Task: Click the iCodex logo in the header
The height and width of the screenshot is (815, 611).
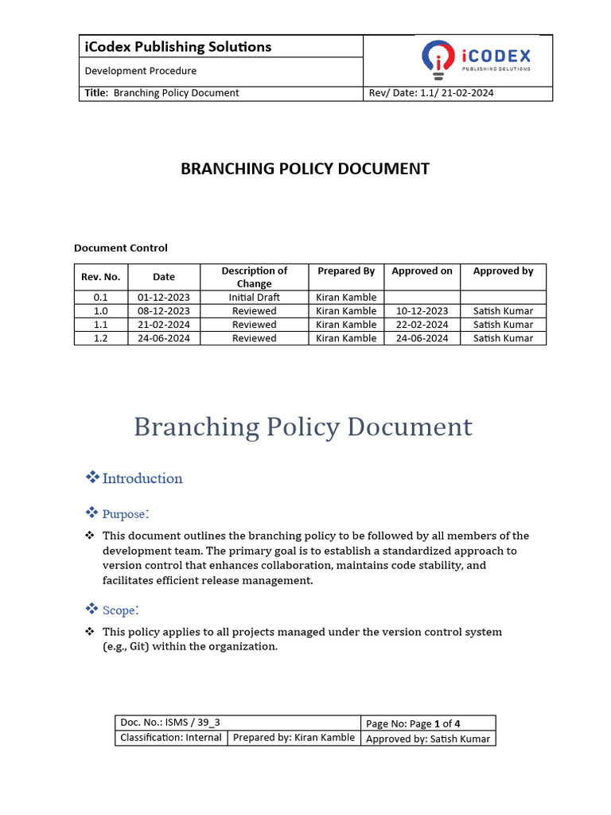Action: click(475, 60)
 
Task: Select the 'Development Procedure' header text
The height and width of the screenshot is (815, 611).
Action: click(141, 71)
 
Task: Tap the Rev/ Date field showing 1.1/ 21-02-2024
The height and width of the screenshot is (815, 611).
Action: click(430, 93)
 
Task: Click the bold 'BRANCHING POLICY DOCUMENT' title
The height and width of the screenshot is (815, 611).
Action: click(305, 169)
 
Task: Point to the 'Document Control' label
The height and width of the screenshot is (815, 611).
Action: click(121, 248)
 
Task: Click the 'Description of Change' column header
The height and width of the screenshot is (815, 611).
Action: click(254, 277)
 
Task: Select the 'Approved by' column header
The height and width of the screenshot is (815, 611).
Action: click(503, 271)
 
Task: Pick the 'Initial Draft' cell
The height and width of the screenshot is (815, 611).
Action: click(254, 298)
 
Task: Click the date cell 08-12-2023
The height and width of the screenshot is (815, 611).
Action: click(164, 311)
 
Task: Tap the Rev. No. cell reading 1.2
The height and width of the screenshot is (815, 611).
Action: click(101, 338)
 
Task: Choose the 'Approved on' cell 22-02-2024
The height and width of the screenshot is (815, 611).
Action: click(422, 325)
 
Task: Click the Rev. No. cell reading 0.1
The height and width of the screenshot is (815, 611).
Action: click(101, 298)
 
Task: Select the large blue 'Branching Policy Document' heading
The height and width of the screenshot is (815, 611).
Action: click(303, 427)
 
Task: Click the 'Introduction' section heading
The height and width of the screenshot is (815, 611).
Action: click(142, 478)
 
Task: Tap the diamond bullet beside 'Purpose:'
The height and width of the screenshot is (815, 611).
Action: click(91, 513)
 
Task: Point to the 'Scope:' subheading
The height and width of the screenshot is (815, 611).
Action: click(121, 610)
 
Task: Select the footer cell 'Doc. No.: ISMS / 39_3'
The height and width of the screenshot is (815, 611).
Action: click(170, 723)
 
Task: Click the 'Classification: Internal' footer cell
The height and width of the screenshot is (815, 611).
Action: click(171, 738)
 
